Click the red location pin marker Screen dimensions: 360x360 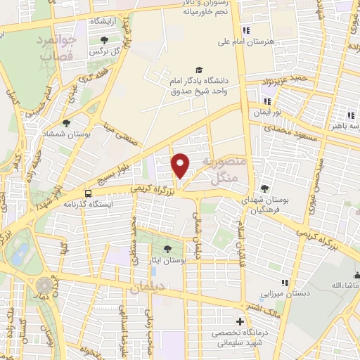pyautogui.click(x=181, y=165)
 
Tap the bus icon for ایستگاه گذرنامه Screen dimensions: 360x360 pyautogui.click(x=89, y=192)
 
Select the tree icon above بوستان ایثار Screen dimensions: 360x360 pyautogui.click(x=167, y=248)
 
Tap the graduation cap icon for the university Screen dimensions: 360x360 pyautogui.click(x=199, y=70)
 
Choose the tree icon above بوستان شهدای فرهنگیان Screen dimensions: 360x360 pyautogui.click(x=264, y=188)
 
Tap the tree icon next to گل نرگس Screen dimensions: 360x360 pyautogui.click(x=105, y=40)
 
